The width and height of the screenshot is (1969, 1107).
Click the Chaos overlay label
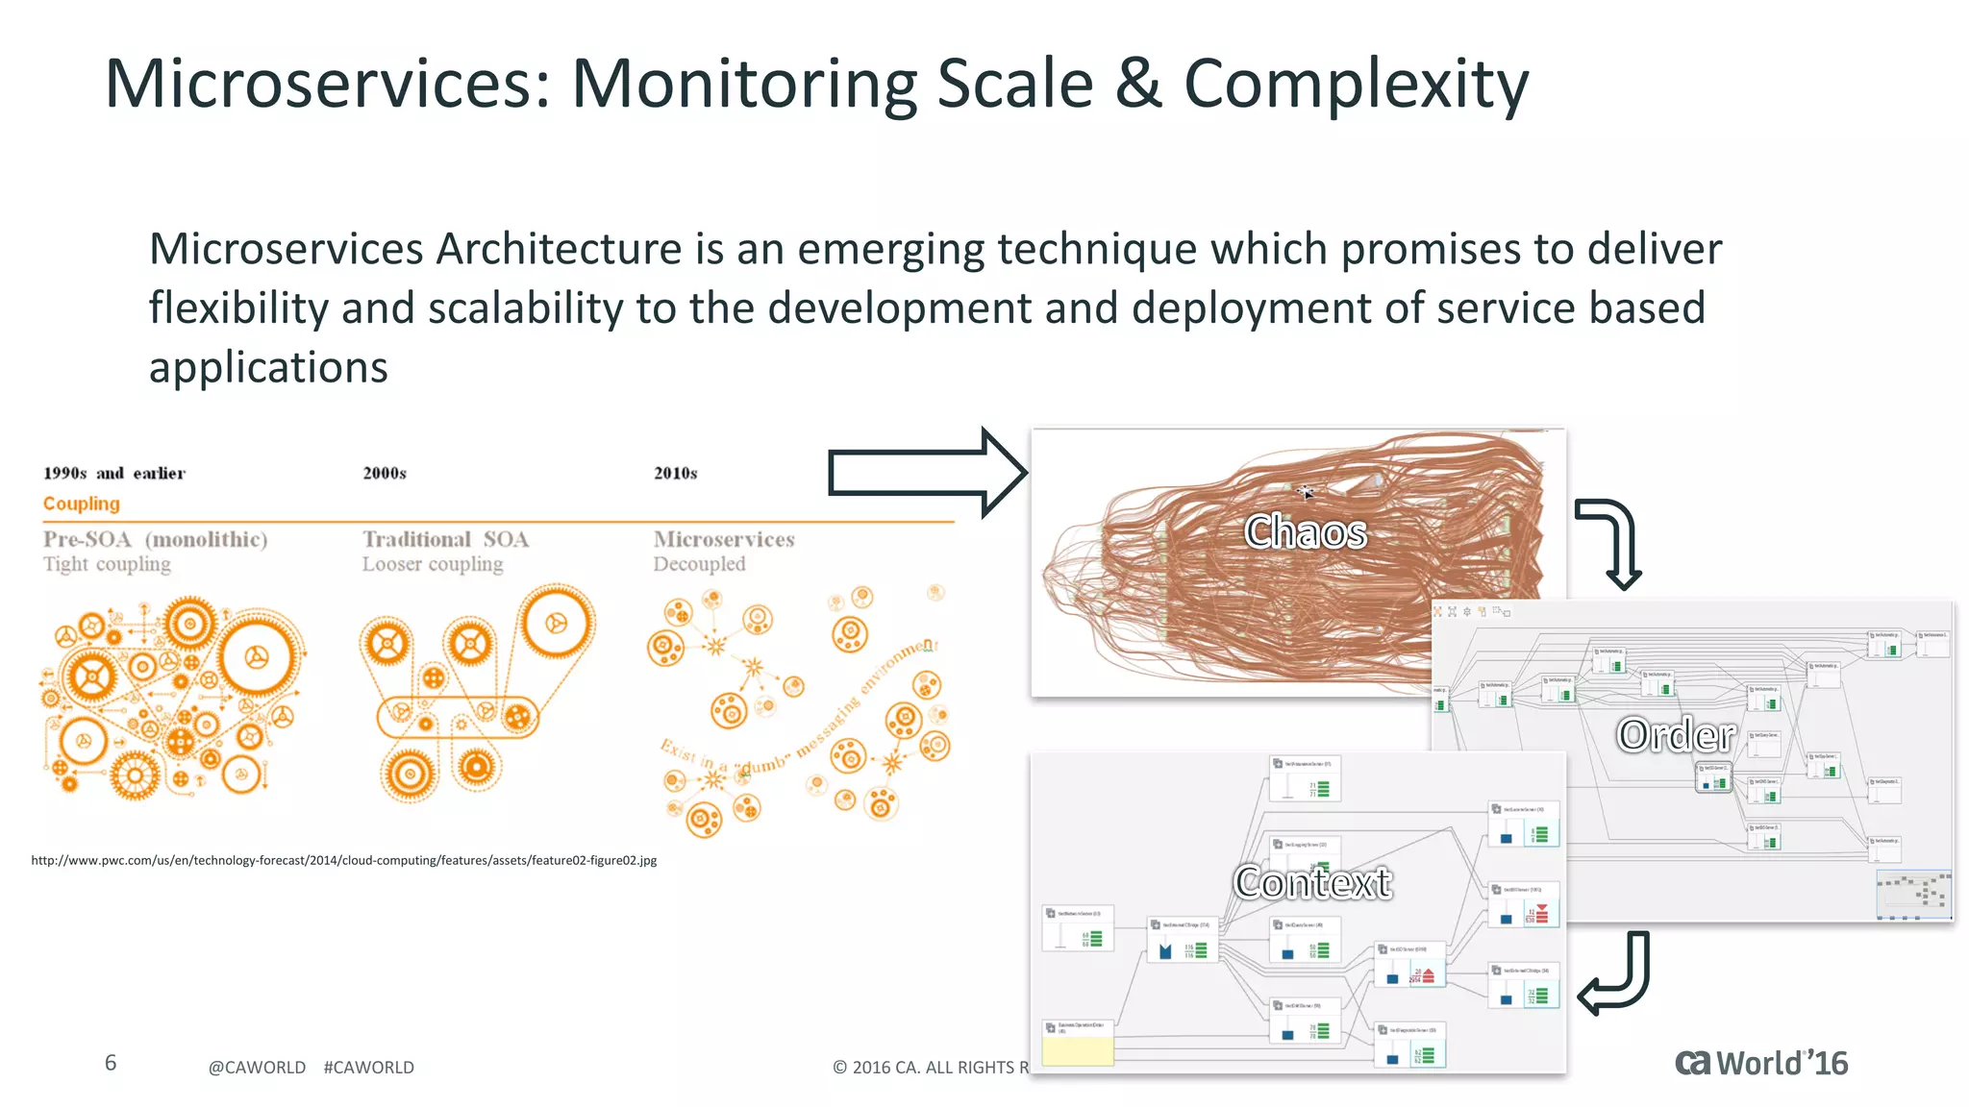[x=1305, y=531]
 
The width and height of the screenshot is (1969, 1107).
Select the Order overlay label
[x=1676, y=735]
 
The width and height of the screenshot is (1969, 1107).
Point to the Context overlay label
[x=1312, y=882]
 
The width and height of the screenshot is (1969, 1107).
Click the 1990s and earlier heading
[x=113, y=473]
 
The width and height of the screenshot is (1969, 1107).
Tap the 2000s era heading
[x=385, y=473]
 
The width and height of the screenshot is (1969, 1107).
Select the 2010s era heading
[x=675, y=473]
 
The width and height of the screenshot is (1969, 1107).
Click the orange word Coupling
[x=82, y=504]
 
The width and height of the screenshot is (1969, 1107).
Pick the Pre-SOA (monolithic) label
[x=155, y=539]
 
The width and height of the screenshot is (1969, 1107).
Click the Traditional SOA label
[x=445, y=539]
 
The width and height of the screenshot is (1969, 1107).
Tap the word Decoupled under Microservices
[x=699, y=564]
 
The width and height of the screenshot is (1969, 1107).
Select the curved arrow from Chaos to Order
[x=1615, y=540]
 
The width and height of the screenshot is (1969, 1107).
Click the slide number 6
[x=111, y=1063]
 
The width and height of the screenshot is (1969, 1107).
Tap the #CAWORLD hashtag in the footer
[x=368, y=1068]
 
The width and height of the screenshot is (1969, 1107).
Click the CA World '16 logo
[x=1760, y=1064]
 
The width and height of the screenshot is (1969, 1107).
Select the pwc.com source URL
[x=343, y=860]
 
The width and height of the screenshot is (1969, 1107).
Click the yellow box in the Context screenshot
[x=1078, y=1050]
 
